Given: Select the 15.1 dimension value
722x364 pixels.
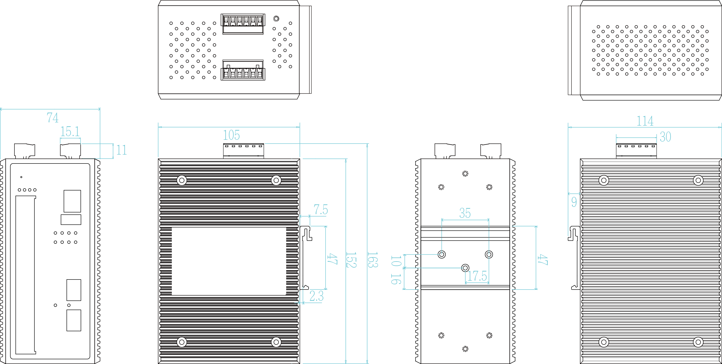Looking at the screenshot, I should pyautogui.click(x=70, y=132).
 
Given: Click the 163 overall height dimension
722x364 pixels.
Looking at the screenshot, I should pyautogui.click(x=373, y=260).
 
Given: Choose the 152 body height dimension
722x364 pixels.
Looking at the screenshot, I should pyautogui.click(x=351, y=260).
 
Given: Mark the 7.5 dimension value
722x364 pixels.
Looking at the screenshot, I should pyautogui.click(x=321, y=210).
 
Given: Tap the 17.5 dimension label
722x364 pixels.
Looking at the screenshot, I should pyautogui.click(x=477, y=276).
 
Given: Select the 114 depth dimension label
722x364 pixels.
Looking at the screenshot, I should pyautogui.click(x=645, y=121).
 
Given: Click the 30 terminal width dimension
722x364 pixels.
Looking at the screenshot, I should pyautogui.click(x=665, y=137).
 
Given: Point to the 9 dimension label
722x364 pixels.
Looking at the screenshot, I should pyautogui.click(x=574, y=202).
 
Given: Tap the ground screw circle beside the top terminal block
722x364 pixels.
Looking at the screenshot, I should pyautogui.click(x=276, y=19).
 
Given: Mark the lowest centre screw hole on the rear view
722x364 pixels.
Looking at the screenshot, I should pyautogui.click(x=465, y=349).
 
